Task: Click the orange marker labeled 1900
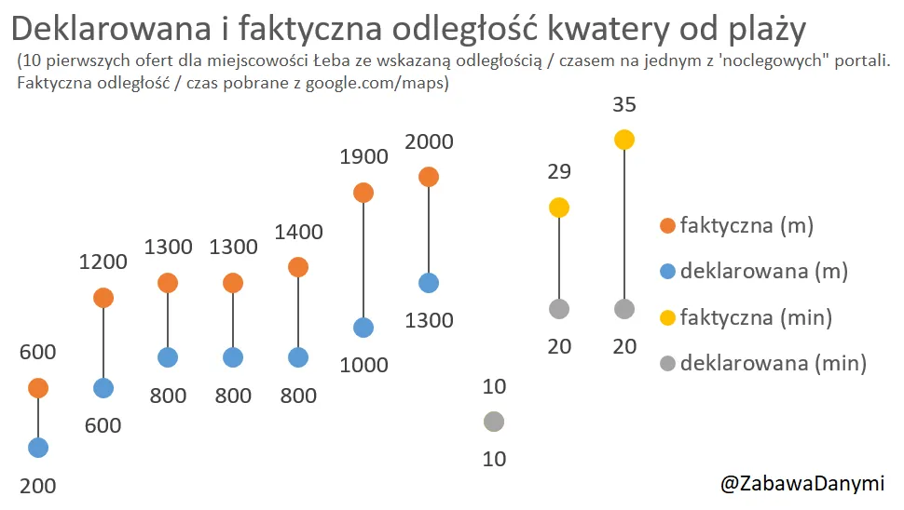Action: click(x=363, y=193)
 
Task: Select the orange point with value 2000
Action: click(x=429, y=177)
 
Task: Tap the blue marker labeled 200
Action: click(x=38, y=448)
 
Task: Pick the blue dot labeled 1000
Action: click(x=363, y=328)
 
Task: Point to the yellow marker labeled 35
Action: click(x=624, y=140)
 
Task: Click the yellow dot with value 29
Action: click(x=559, y=208)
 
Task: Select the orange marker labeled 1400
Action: click(x=298, y=267)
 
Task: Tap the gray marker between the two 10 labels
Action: click(x=494, y=422)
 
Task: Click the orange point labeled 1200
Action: click(x=103, y=298)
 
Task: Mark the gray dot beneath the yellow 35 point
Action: click(x=624, y=309)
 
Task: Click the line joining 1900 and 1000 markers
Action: click(x=363, y=261)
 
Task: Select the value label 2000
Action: click(x=429, y=142)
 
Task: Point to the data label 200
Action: click(x=38, y=485)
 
